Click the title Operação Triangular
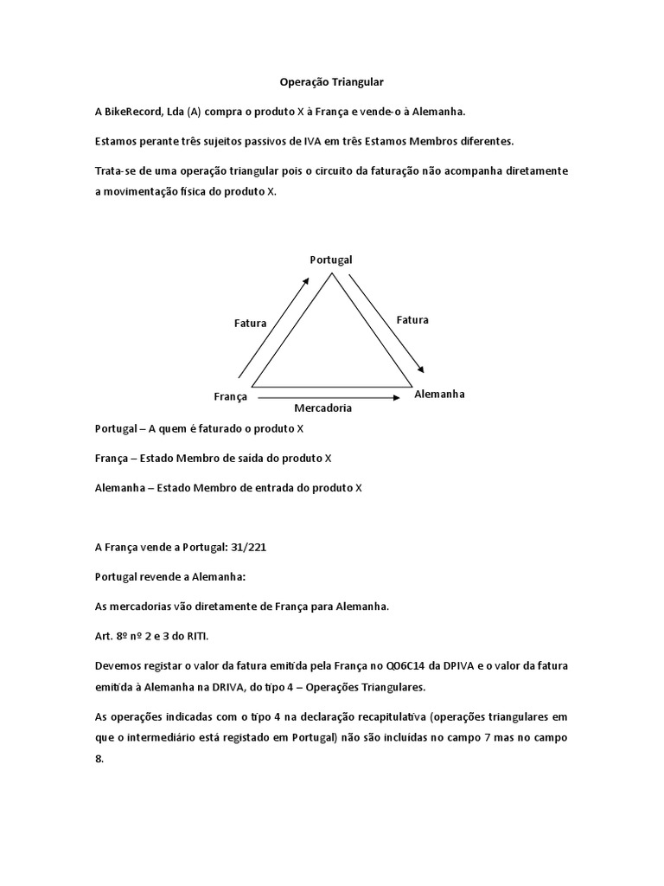pos(331,82)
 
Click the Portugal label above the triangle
pos(331,260)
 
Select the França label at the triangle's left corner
pos(230,396)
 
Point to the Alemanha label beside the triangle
pos(439,394)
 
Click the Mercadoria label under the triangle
pos(322,408)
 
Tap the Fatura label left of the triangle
pos(250,323)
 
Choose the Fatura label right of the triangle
pos(412,319)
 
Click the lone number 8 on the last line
pos(99,758)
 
